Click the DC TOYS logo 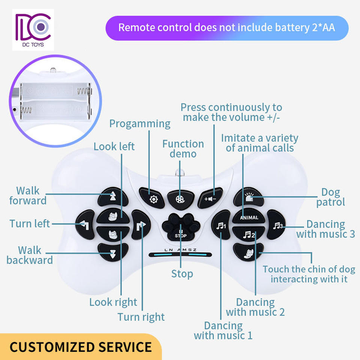tap(33, 30)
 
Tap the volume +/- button tap(210, 198)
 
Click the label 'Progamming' tap(140, 124)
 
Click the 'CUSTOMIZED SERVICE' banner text tap(81, 347)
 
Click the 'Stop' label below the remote tap(182, 274)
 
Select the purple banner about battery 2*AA tap(226, 28)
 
